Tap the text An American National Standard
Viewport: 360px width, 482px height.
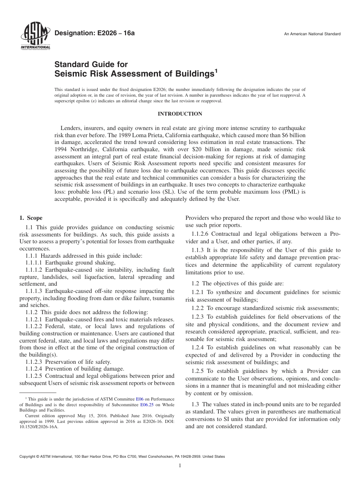click(x=312, y=34)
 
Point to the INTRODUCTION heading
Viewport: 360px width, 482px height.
click(x=180, y=114)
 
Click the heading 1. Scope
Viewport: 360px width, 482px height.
click(x=31, y=218)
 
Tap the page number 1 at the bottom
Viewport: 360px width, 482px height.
click(x=180, y=466)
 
